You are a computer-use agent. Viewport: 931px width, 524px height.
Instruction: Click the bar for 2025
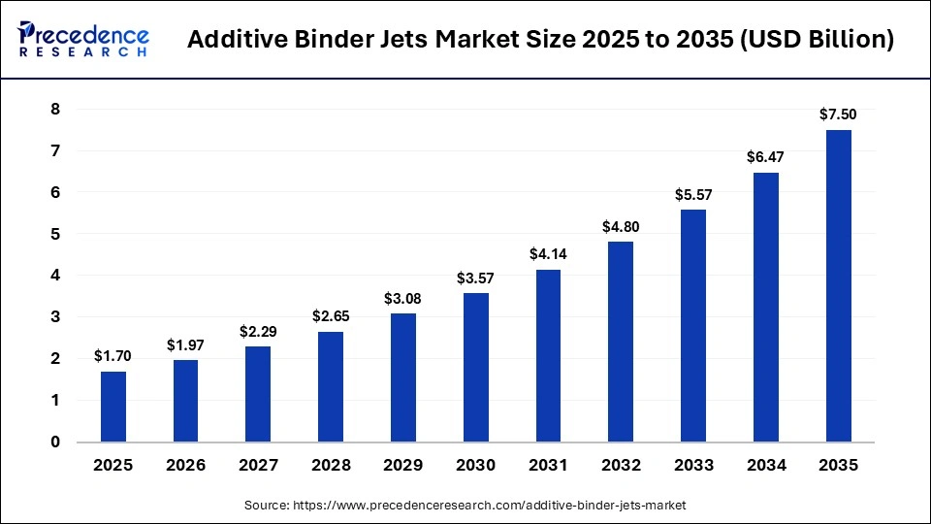(x=113, y=407)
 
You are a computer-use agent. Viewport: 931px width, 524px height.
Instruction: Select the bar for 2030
(x=476, y=368)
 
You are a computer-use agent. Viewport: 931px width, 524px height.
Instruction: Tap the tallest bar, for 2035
(x=838, y=286)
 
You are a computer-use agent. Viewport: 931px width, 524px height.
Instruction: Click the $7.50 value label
(x=838, y=115)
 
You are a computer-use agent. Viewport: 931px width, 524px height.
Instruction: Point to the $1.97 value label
(x=185, y=345)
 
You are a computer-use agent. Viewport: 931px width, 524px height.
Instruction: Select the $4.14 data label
(x=548, y=255)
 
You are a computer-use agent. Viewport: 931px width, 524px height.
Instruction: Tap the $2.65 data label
(x=331, y=317)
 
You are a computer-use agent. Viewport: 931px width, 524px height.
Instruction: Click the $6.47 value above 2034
(x=765, y=158)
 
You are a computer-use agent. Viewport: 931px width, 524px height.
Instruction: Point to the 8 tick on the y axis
(x=55, y=110)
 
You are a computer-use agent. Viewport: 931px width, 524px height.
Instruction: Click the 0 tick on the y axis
(x=55, y=442)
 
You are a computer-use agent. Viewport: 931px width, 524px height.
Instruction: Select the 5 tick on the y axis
(x=55, y=234)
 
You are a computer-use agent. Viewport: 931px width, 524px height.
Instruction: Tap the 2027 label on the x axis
(x=258, y=466)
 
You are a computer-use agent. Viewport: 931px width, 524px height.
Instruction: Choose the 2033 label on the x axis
(x=693, y=466)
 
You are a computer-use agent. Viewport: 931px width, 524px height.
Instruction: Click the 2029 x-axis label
(x=403, y=466)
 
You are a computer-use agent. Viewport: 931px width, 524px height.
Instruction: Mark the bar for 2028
(x=331, y=387)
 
